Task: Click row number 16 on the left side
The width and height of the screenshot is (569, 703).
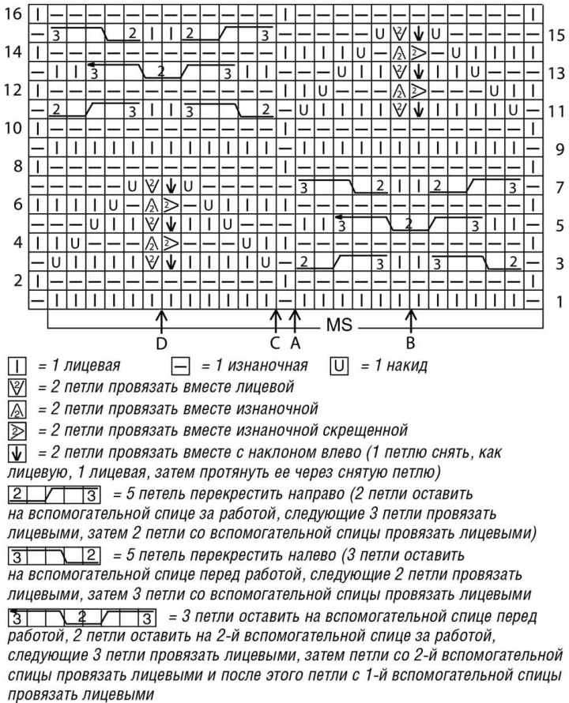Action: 13,14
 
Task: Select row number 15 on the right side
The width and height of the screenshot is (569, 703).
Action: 555,35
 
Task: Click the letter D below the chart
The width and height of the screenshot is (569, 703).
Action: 162,343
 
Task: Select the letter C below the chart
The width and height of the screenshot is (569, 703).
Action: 274,343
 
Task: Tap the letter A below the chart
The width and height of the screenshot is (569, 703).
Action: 294,343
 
